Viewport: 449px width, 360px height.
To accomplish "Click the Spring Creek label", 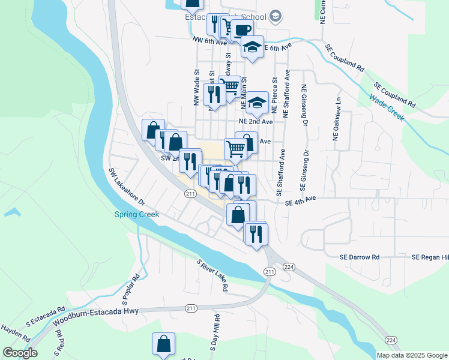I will coord(134,215).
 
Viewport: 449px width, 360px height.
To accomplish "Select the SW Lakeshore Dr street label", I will coord(127,187).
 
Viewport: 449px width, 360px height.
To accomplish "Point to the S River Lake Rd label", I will coord(213,275).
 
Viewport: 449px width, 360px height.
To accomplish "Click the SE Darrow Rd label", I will coord(358,257).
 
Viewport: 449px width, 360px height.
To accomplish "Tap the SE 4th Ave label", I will coord(300,202).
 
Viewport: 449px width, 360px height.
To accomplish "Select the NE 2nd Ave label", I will coord(255,121).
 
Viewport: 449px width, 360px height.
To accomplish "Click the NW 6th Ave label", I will coord(209,41).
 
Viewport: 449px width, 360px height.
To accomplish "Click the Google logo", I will coord(20,353).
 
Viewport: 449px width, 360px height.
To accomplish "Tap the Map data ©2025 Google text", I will coord(412,355).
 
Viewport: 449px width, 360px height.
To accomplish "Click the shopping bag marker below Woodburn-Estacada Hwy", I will coord(163,344).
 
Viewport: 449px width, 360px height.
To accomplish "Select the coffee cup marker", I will coord(242,30).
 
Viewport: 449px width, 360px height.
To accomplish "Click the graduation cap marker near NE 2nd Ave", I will coord(257,103).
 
